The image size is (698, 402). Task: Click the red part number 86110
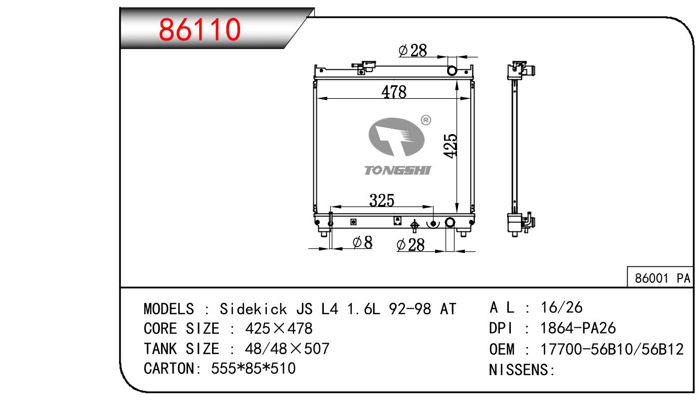(200, 29)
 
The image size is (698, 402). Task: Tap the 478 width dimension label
(394, 92)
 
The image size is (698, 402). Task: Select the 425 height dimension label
(450, 146)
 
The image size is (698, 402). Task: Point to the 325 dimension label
(382, 200)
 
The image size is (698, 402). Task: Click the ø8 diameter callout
(362, 242)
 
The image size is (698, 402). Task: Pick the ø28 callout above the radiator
(413, 50)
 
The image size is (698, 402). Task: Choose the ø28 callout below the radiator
(411, 245)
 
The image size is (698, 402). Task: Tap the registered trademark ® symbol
(426, 120)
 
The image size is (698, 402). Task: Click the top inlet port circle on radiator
(452, 71)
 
